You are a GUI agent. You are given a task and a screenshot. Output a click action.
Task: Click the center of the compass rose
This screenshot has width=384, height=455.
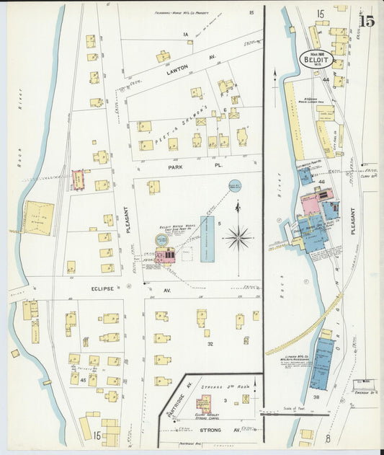(x=238, y=237)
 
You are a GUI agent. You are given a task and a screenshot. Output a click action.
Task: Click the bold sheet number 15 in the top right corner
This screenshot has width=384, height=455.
(x=367, y=20)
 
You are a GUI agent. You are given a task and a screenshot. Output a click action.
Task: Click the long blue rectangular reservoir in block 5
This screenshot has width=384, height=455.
(x=207, y=237)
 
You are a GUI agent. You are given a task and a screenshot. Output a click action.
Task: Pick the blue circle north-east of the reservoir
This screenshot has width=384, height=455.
(x=235, y=186)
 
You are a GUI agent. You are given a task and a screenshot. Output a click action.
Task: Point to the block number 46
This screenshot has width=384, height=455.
(x=321, y=182)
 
